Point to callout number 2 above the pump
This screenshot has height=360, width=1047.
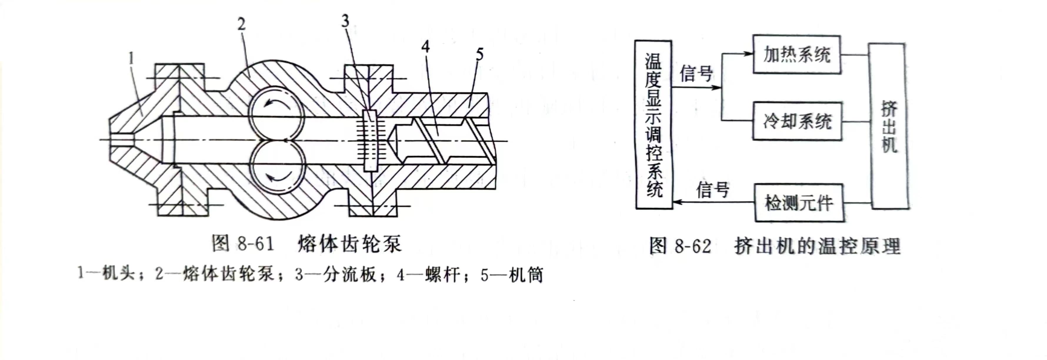[241, 25]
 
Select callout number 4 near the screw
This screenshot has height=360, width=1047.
[425, 47]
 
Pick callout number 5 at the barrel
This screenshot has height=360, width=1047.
[480, 54]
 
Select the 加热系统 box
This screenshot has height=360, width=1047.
[797, 54]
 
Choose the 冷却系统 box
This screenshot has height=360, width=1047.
[797, 121]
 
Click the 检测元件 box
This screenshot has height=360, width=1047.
[799, 203]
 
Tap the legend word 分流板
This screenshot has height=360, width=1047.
[350, 275]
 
